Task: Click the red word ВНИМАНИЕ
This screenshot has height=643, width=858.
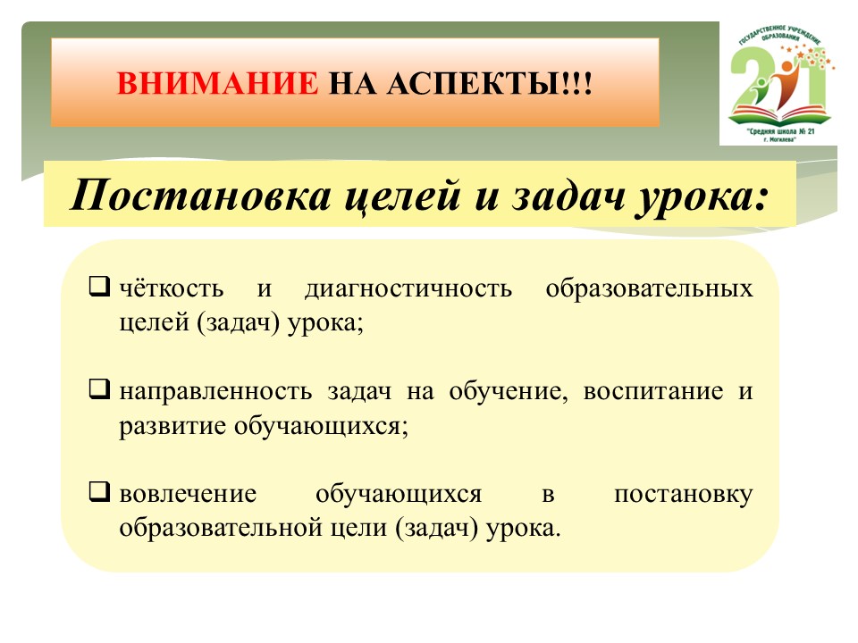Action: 217,84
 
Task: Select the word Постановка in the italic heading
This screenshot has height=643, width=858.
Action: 201,196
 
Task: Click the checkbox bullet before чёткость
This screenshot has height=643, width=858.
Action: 99,286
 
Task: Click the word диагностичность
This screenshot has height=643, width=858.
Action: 408,288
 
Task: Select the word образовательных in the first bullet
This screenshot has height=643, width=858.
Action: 649,288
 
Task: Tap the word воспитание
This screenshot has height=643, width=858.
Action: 653,391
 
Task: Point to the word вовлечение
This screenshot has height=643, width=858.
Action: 188,494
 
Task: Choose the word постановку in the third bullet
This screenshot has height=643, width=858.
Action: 684,494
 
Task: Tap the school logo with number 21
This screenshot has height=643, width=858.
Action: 778,84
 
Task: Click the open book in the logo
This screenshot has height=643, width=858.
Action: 779,113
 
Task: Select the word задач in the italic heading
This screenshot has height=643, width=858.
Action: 569,196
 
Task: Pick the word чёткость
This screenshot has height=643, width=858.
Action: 172,288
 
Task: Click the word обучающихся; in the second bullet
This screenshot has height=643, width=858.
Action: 321,426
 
